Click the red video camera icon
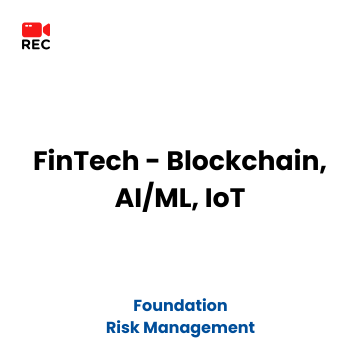pos(36,30)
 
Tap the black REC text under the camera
pos(36,45)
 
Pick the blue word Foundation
pos(180,305)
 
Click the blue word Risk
pos(122,327)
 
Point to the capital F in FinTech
pos(42,161)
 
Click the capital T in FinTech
pos(89,161)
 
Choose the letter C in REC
pos(45,45)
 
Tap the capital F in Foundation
pos(138,305)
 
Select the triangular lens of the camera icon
pos(46,30)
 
